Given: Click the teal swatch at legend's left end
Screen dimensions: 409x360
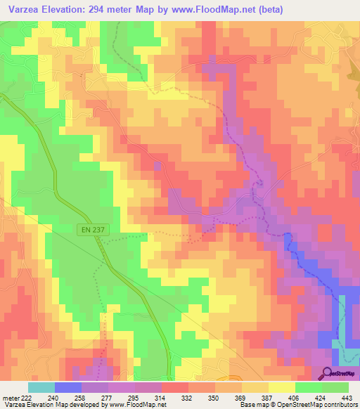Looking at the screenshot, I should point(41,387).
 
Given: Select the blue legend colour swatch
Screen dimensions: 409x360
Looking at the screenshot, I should point(68,387).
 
